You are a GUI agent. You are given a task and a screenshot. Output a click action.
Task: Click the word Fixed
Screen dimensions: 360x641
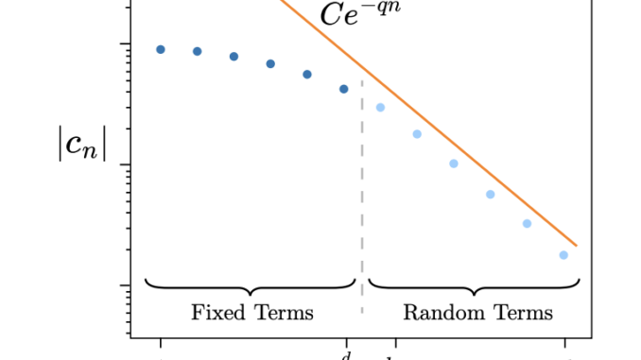[217, 312]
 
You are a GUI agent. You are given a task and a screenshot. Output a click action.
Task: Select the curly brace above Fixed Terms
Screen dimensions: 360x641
[251, 284]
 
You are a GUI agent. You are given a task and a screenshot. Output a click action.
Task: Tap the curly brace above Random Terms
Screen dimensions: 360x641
[474, 284]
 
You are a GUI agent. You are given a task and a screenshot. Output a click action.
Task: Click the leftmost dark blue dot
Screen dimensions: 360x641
[161, 49]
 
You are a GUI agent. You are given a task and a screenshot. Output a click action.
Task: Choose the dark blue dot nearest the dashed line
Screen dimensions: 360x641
[344, 89]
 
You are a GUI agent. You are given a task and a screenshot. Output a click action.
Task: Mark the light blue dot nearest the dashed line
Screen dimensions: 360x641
[380, 107]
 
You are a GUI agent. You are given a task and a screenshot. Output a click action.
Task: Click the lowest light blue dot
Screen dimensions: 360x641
[563, 255]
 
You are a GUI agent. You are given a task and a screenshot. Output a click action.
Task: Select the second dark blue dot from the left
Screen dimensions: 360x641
[198, 51]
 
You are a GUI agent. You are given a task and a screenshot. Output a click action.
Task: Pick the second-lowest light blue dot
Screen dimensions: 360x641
[527, 224]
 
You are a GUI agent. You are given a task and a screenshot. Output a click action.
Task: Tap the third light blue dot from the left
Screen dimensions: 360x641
[454, 163]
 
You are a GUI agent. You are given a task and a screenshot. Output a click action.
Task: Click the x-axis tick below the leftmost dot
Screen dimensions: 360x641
[161, 342]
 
